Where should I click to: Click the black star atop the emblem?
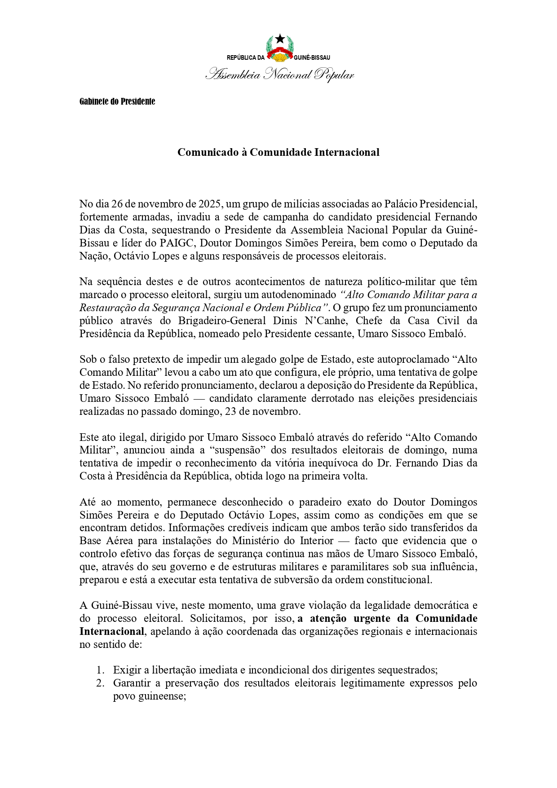click(280, 39)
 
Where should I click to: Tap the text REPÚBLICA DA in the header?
click(246, 57)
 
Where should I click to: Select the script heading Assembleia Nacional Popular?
click(279, 75)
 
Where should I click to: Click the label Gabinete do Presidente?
click(117, 101)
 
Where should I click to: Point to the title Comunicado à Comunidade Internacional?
click(278, 152)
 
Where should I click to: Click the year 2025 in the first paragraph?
click(209, 204)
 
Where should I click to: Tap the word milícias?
click(299, 204)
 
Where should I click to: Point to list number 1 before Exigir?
click(100, 670)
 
